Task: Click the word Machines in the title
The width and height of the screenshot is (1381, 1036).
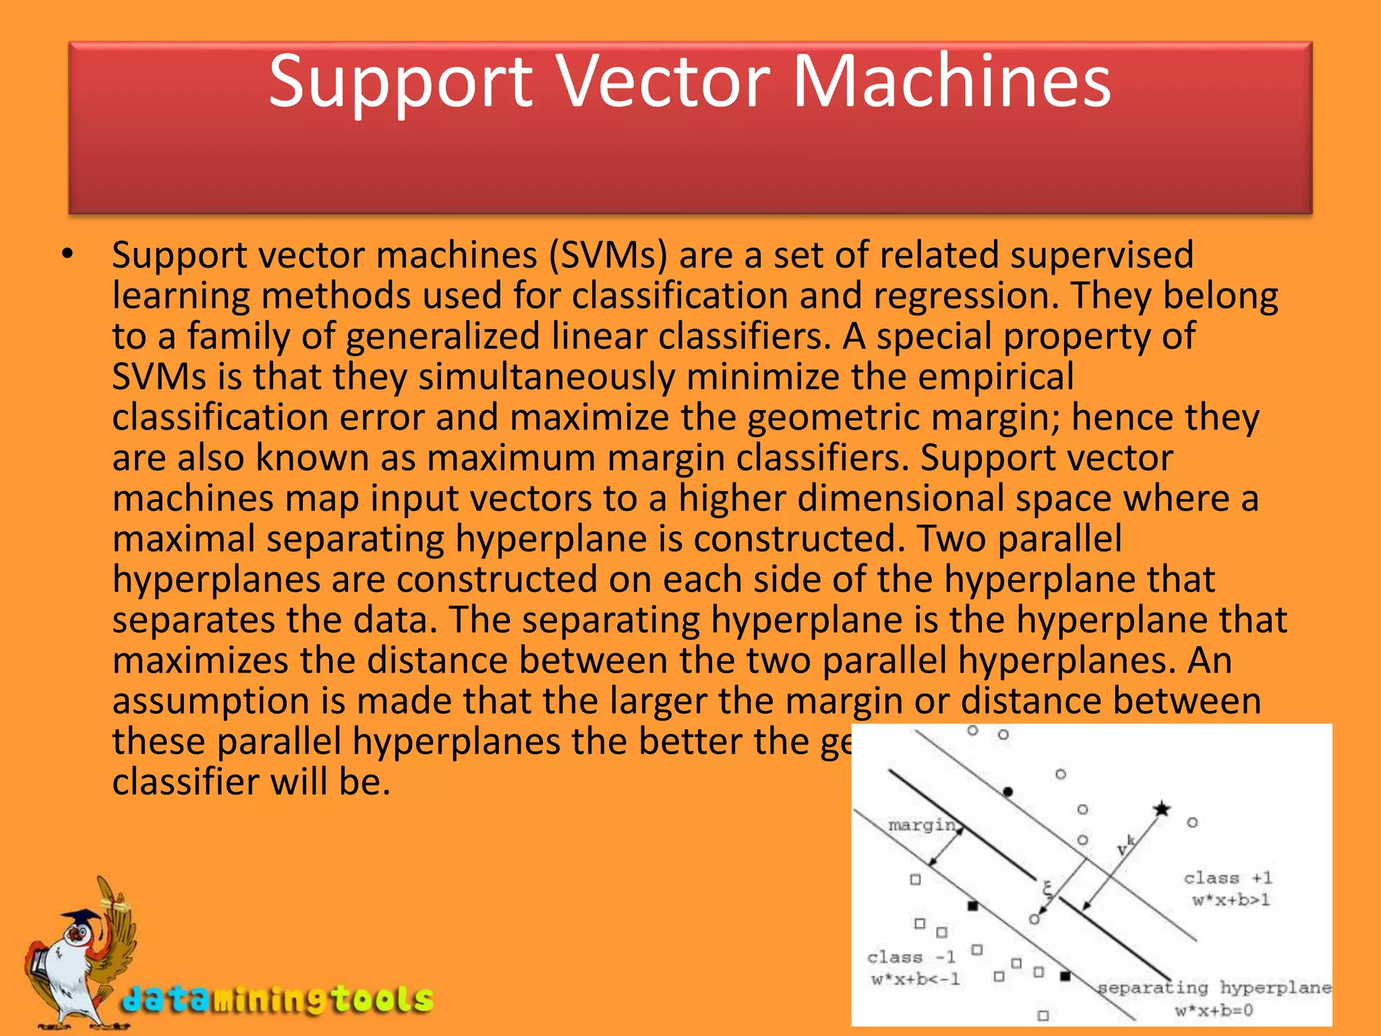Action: (951, 82)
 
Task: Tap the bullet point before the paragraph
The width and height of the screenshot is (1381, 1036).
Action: (67, 255)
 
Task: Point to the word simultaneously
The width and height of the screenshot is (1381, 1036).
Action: (547, 377)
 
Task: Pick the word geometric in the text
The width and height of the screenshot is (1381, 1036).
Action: (833, 418)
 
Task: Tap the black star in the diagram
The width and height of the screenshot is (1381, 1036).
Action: (1162, 808)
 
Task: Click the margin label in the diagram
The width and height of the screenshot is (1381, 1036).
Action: (922, 825)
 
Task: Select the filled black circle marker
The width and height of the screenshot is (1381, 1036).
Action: (1008, 791)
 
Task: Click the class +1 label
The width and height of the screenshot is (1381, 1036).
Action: (1227, 877)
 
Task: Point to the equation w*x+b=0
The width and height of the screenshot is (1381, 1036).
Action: (1214, 1010)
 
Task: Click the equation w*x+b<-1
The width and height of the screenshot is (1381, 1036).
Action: (915, 979)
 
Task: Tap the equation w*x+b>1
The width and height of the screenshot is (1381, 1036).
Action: (1231, 900)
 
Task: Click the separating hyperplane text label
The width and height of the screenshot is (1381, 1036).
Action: (1214, 988)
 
